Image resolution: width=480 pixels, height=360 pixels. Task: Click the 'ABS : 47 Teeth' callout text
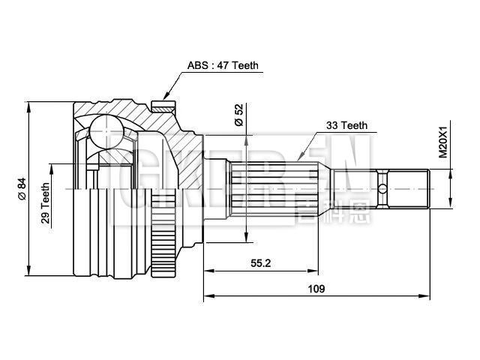click(222, 65)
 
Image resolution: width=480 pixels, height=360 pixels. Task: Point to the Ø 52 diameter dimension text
click(239, 114)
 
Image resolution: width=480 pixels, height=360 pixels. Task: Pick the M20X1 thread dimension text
click(442, 141)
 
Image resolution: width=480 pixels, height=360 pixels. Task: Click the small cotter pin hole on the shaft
click(382, 188)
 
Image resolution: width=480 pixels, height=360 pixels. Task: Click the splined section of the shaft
click(277, 188)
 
